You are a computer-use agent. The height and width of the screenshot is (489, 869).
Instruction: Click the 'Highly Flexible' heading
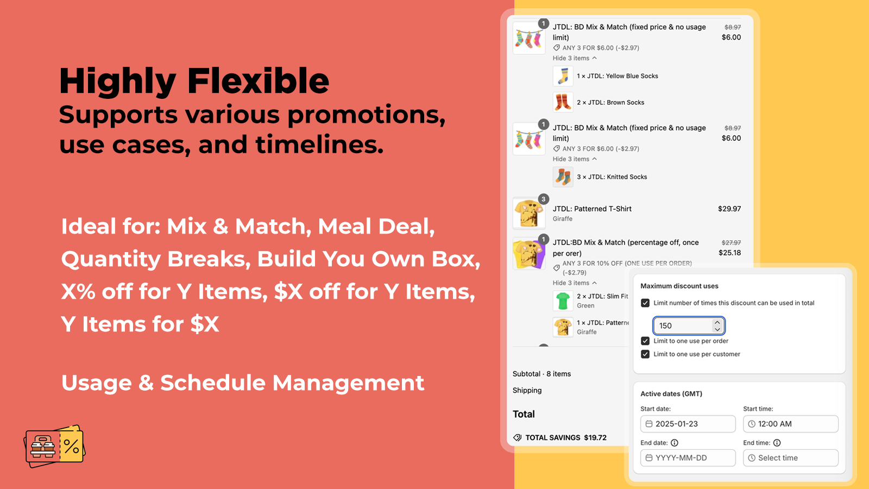pos(194,81)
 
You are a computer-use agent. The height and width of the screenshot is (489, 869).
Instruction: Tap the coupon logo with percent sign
pos(55,446)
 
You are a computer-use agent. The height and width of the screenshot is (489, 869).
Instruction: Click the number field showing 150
pos(689,325)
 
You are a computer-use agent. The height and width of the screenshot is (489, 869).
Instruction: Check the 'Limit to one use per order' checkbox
pos(645,341)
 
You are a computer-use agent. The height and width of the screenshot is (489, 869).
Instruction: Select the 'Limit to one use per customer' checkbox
pos(645,354)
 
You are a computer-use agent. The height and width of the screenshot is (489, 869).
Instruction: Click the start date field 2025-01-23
pos(688,424)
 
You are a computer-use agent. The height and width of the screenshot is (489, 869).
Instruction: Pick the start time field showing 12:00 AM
pos(791,424)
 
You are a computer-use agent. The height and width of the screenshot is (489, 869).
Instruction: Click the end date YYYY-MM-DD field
pos(688,458)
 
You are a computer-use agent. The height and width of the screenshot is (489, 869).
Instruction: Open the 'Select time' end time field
pos(791,458)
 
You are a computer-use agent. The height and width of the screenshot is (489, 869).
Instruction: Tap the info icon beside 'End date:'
pos(675,443)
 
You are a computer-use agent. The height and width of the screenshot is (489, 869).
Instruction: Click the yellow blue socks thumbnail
pos(563,76)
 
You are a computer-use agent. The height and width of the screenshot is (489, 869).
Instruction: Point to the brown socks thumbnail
pos(563,103)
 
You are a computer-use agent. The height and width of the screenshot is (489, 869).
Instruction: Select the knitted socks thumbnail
pos(563,177)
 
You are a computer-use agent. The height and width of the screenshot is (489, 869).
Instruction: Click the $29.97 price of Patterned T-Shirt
pos(729,209)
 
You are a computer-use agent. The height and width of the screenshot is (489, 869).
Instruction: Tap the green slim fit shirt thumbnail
pos(563,301)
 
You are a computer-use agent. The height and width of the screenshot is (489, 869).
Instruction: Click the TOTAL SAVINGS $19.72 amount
pos(595,438)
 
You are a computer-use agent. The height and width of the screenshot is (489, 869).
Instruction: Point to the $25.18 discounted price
pos(730,253)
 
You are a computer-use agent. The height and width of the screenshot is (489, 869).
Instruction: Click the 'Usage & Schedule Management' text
pos(243,383)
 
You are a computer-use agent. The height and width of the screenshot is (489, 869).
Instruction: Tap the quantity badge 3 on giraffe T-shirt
pos(544,199)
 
